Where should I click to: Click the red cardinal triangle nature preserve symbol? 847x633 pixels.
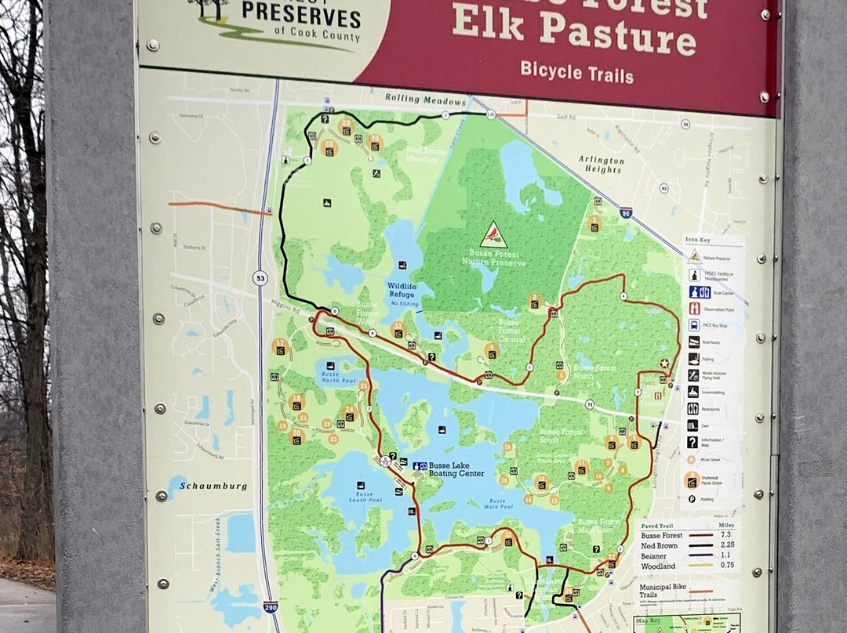click(x=493, y=234)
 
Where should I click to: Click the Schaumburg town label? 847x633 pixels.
click(x=213, y=486)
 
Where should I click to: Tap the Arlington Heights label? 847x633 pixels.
click(x=602, y=164)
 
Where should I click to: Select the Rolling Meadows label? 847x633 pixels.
click(x=424, y=98)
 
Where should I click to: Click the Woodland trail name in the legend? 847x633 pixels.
click(x=657, y=566)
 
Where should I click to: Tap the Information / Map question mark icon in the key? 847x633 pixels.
click(x=693, y=443)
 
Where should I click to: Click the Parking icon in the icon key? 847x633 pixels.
click(x=693, y=499)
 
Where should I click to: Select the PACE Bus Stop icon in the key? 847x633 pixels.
click(x=694, y=324)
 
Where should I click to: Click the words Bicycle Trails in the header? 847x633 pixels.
click(x=576, y=73)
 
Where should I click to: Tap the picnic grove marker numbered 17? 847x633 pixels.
click(x=281, y=345)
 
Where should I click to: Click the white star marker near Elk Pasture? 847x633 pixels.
click(x=664, y=363)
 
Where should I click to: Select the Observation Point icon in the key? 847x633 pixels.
click(x=694, y=309)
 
